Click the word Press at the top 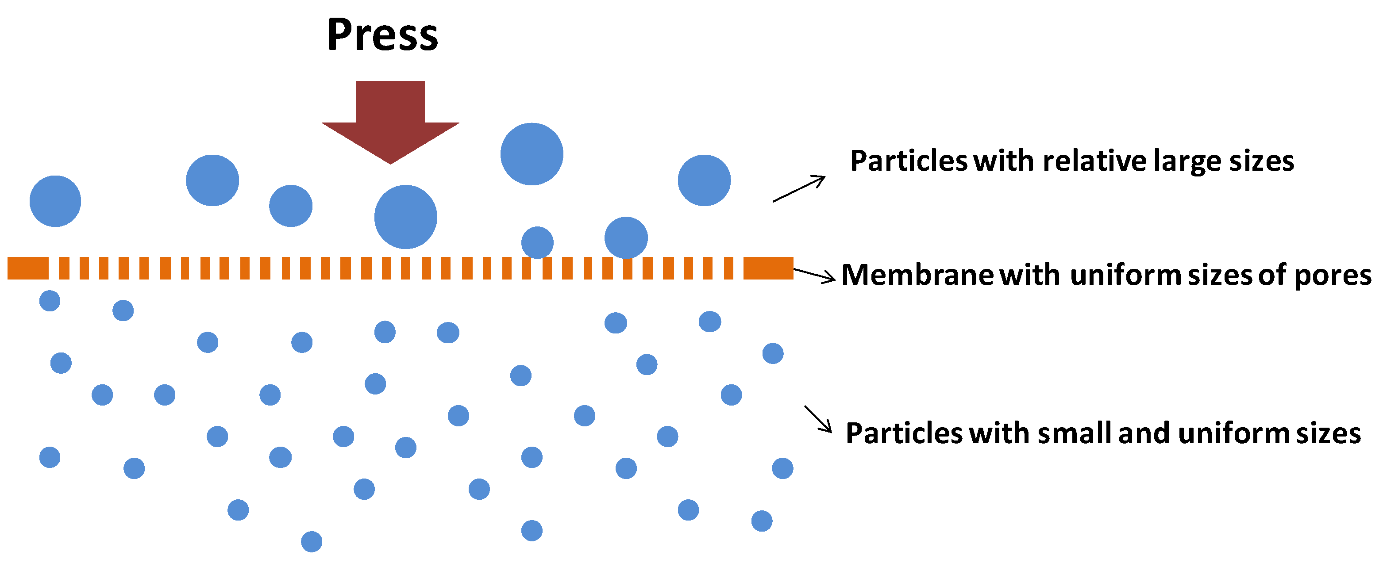click(382, 35)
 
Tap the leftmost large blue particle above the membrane click(55, 201)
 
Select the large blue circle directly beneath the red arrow click(405, 217)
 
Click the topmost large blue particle click(532, 154)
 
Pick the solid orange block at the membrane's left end click(28, 268)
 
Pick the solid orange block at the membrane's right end click(768, 268)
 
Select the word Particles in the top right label click(909, 161)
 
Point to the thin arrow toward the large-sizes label click(798, 189)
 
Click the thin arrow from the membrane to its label click(814, 274)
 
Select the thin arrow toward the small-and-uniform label click(818, 419)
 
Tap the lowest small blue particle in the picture click(312, 541)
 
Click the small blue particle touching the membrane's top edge click(537, 242)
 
